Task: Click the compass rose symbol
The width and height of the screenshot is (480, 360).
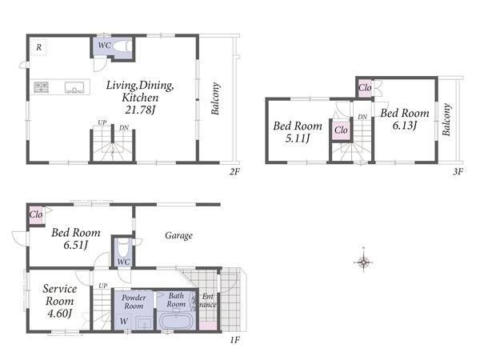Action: [363, 262]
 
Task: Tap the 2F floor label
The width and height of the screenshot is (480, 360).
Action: [234, 172]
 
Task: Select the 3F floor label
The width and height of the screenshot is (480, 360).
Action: [458, 171]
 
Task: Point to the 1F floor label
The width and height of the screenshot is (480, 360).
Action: [234, 340]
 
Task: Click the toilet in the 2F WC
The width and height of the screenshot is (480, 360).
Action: [122, 46]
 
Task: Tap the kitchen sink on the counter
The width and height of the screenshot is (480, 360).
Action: [74, 87]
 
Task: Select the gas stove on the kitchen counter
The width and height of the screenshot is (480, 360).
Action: [41, 86]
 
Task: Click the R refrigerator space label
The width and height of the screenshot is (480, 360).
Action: [39, 47]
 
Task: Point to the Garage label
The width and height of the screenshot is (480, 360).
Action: [178, 236]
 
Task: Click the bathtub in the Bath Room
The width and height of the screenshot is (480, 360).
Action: [176, 321]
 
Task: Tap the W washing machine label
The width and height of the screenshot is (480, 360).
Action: [124, 321]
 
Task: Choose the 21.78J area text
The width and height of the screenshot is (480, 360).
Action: [140, 110]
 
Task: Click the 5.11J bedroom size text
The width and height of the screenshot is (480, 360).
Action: [298, 138]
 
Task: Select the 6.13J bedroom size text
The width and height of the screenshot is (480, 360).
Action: [405, 126]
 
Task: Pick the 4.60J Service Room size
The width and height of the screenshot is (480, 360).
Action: [60, 314]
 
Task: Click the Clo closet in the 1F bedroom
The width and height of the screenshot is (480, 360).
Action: [36, 214]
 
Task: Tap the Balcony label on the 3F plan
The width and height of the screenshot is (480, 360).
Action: [446, 119]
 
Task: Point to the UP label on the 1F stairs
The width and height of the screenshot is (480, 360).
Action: [103, 286]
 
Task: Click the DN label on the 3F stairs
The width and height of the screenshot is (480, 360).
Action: [362, 117]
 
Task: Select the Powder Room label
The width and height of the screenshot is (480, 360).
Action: [134, 302]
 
